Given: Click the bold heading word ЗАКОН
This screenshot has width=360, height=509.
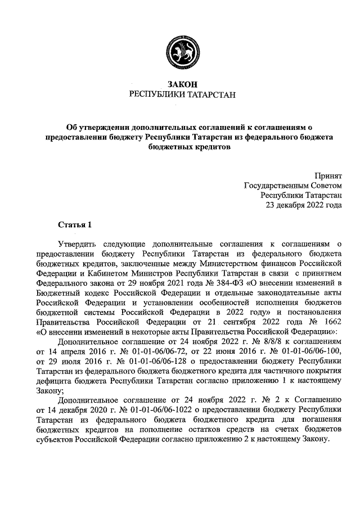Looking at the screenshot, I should pyautogui.click(x=181, y=84).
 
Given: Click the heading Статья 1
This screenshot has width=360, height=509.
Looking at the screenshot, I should pyautogui.click(x=74, y=225).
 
